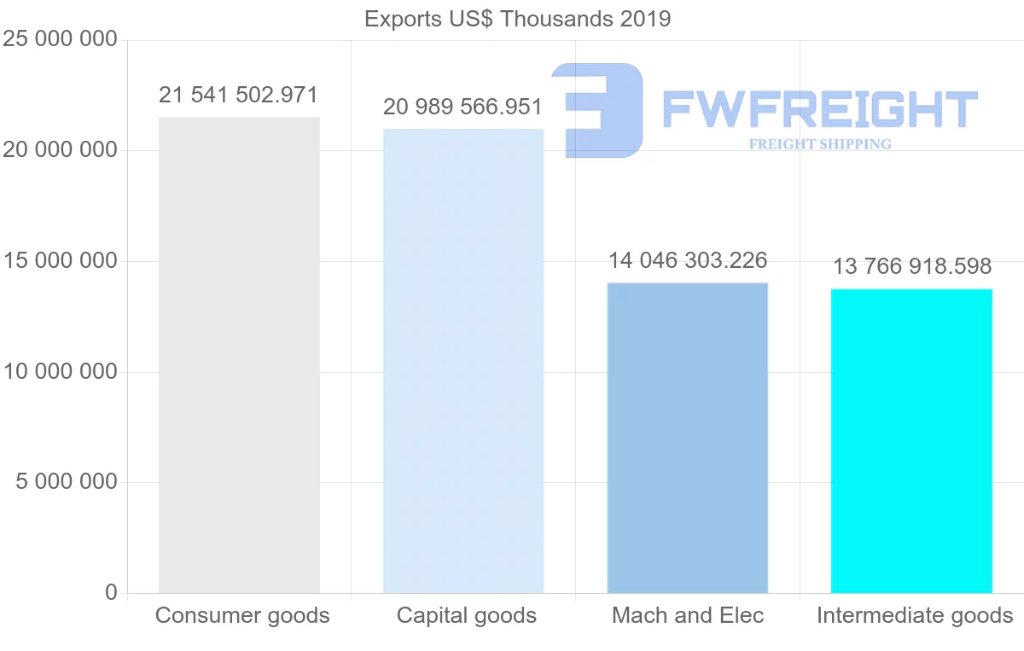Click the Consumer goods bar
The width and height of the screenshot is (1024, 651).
[x=239, y=355]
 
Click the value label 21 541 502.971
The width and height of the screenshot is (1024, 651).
[x=238, y=96]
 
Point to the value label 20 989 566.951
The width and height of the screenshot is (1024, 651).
[x=463, y=108]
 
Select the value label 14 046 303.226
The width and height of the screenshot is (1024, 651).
[x=688, y=260]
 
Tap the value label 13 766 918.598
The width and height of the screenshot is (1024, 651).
[x=912, y=267]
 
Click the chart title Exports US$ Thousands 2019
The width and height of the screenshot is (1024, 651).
[x=517, y=19]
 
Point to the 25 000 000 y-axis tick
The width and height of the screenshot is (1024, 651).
[x=59, y=40]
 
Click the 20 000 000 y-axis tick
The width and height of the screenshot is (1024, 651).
[x=59, y=151]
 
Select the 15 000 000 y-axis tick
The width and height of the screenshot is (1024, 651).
[x=59, y=261]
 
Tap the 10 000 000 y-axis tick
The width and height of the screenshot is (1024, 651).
[x=59, y=372]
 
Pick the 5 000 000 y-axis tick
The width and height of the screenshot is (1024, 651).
[x=67, y=482]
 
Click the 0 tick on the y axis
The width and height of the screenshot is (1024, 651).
[x=111, y=593]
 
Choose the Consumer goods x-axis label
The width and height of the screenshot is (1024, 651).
[x=242, y=615]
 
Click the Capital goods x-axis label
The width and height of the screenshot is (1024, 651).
[x=467, y=615]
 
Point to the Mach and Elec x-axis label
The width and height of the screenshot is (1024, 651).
[x=688, y=615]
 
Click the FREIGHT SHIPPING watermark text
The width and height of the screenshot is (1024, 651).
[x=820, y=144]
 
